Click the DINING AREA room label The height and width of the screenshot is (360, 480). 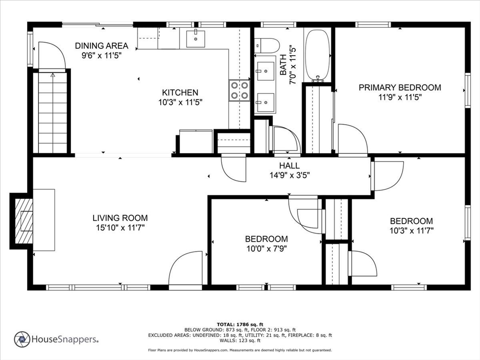pyautogui.click(x=102, y=46)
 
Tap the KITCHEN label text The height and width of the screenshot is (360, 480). pyautogui.click(x=180, y=92)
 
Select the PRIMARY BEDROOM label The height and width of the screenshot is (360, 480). pyautogui.click(x=400, y=88)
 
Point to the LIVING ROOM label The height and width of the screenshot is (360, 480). pyautogui.click(x=120, y=218)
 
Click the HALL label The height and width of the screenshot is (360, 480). pyautogui.click(x=289, y=165)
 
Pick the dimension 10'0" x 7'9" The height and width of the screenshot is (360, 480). pyautogui.click(x=267, y=248)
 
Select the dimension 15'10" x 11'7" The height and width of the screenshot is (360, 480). pyautogui.click(x=120, y=228)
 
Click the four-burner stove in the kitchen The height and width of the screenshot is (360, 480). pyautogui.click(x=240, y=90)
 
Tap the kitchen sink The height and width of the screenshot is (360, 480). pyautogui.click(x=195, y=38)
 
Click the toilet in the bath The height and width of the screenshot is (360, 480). pyautogui.click(x=267, y=45)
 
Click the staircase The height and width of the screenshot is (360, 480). pyautogui.click(x=52, y=112)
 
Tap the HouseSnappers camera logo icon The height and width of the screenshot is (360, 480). pyautogui.click(x=22, y=339)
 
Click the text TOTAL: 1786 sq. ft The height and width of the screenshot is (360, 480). pyautogui.click(x=240, y=324)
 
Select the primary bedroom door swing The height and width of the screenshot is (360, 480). pyautogui.click(x=352, y=139)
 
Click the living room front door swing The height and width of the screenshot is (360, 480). pyautogui.click(x=186, y=268)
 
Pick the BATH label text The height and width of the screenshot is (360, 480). pyautogui.click(x=283, y=65)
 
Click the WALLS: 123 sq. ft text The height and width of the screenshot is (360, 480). pyautogui.click(x=240, y=340)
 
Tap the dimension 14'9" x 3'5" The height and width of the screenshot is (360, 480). pyautogui.click(x=290, y=175)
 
